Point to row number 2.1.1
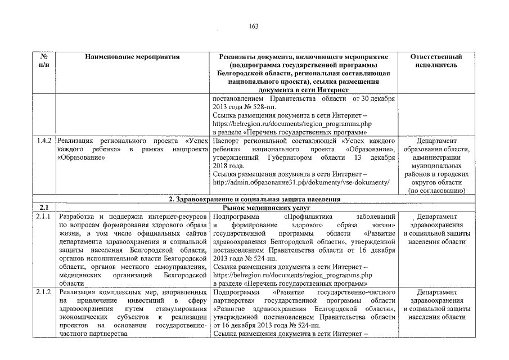pos(44,217)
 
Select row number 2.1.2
pos(44,293)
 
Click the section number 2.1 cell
pos(44,208)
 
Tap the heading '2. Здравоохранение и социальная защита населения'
pos(255,200)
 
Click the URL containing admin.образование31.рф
pos(301,183)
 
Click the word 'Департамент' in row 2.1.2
pos(437,293)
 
